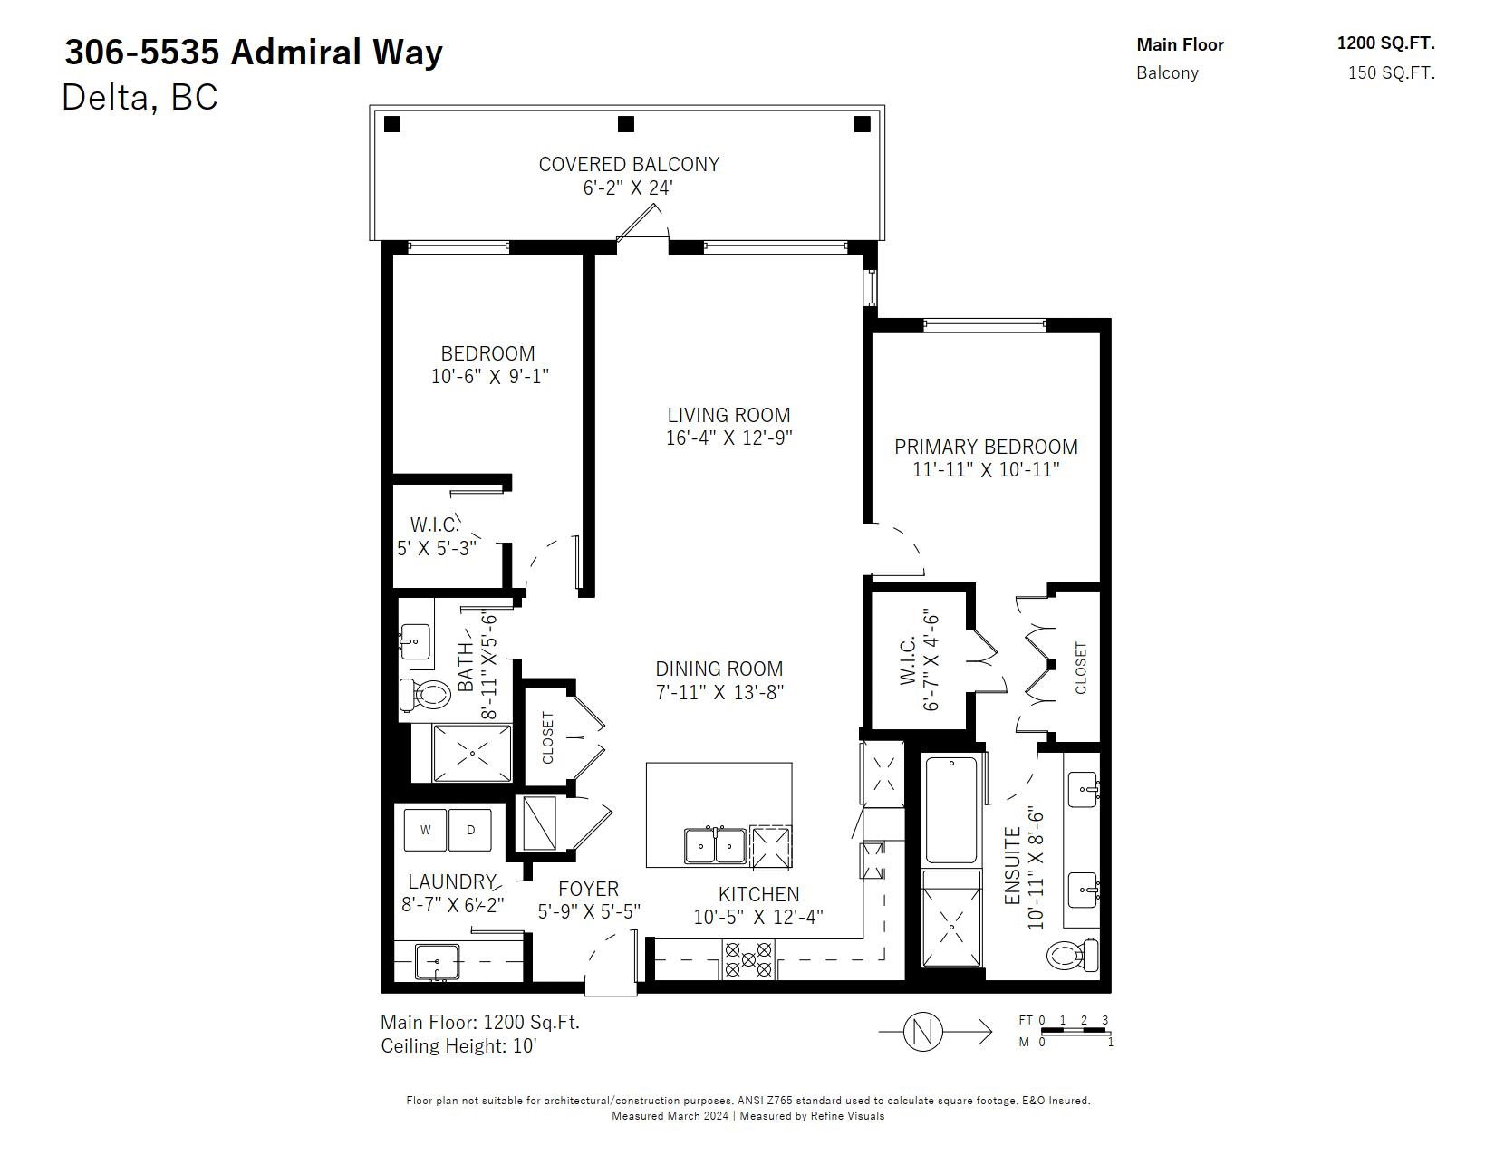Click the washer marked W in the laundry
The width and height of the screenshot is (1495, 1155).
pyautogui.click(x=425, y=830)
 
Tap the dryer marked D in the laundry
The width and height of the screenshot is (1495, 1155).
pyautogui.click(x=470, y=830)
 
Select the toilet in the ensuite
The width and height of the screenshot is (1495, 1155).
pyautogui.click(x=1072, y=955)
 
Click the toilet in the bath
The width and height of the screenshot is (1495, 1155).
pyautogui.click(x=425, y=695)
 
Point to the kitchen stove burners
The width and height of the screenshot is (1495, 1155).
pyautogui.click(x=747, y=959)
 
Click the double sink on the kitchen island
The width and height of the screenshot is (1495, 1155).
pyautogui.click(x=715, y=846)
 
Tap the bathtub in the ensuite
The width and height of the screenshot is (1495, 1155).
pyautogui.click(x=950, y=810)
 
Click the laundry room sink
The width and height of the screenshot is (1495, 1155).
pyautogui.click(x=437, y=962)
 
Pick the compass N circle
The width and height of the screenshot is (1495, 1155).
pyautogui.click(x=921, y=1032)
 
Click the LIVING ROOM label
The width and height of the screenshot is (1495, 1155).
pyautogui.click(x=728, y=415)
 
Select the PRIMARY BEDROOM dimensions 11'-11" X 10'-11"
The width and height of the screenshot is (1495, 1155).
pyautogui.click(x=986, y=470)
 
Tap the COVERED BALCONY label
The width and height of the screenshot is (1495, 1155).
pyautogui.click(x=629, y=164)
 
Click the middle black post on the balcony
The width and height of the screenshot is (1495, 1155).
pyautogui.click(x=625, y=124)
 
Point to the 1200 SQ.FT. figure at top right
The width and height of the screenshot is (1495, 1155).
pyautogui.click(x=1385, y=43)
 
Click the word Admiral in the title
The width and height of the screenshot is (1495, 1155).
pyautogui.click(x=296, y=53)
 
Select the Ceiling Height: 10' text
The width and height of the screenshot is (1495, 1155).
pyautogui.click(x=458, y=1045)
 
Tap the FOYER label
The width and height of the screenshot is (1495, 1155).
pyautogui.click(x=588, y=888)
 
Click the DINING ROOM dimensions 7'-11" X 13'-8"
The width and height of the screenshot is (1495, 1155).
pyautogui.click(x=719, y=691)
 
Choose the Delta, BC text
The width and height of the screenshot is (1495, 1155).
pyautogui.click(x=140, y=97)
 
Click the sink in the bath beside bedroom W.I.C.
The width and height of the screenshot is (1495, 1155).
pyautogui.click(x=415, y=642)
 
